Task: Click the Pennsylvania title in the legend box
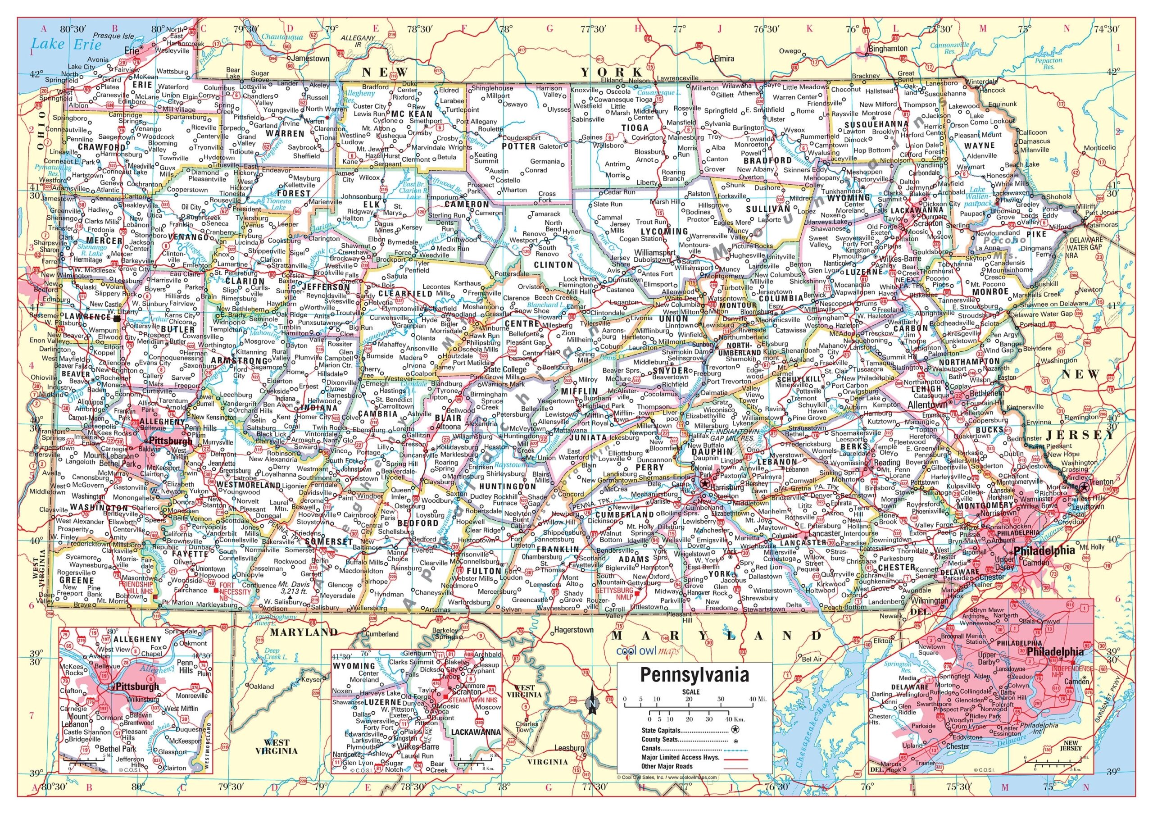pyautogui.click(x=694, y=674)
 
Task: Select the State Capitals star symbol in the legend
pyautogui.click(x=735, y=730)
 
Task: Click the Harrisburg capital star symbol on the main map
pyautogui.click(x=705, y=483)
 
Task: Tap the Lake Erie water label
pyautogui.click(x=66, y=44)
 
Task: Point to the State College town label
pyautogui.click(x=505, y=369)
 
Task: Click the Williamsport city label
pyautogui.click(x=655, y=252)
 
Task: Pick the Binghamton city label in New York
pyautogui.click(x=888, y=49)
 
